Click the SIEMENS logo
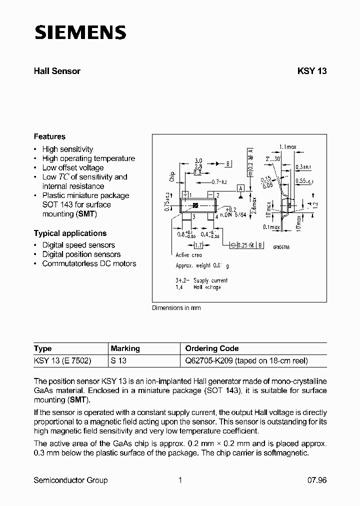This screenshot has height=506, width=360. tap(80, 32)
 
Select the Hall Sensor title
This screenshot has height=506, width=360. tap(57, 71)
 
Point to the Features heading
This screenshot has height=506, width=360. tap(49, 136)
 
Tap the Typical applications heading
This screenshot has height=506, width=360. tap(70, 233)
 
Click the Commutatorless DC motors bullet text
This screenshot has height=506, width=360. tap(89, 263)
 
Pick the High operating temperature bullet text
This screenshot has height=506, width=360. tap(88, 158)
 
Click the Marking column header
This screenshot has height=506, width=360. tap(125, 348)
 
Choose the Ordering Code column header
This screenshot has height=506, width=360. tap(212, 348)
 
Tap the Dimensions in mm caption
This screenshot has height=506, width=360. tap(176, 308)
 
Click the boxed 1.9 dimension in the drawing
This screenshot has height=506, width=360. tap(197, 173)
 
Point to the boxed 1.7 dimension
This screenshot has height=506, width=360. tap(197, 245)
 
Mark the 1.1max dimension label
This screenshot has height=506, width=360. tap(288, 147)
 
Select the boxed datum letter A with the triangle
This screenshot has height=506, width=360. tap(240, 188)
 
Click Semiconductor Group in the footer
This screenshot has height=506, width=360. tap(70, 480)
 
